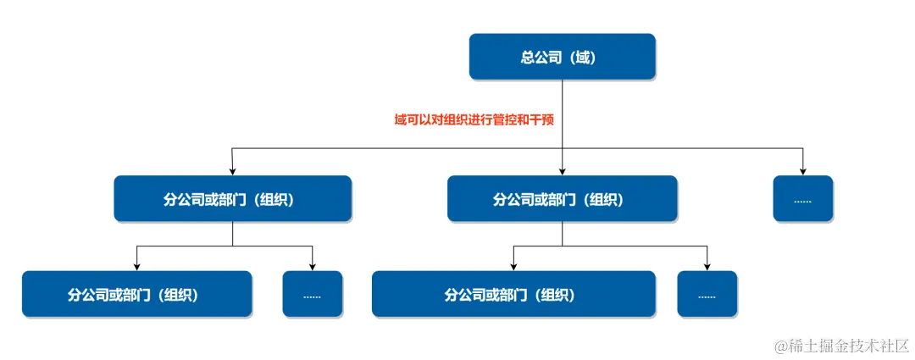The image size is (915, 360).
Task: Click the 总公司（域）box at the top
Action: click(562, 57)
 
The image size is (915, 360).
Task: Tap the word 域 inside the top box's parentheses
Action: click(582, 58)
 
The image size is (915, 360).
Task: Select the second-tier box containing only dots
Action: click(802, 199)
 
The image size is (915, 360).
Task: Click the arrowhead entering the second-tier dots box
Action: click(802, 170)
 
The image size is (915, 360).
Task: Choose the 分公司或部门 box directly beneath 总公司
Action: click(562, 199)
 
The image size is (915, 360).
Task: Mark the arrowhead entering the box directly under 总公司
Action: click(562, 170)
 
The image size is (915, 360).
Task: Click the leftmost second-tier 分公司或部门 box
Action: click(232, 199)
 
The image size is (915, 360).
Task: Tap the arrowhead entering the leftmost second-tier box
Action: click(232, 170)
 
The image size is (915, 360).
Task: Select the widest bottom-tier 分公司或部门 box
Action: click(513, 294)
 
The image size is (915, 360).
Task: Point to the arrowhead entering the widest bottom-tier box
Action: click(513, 266)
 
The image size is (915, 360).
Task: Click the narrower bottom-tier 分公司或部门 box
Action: click(136, 294)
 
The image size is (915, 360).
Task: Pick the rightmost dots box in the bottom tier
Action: click(707, 294)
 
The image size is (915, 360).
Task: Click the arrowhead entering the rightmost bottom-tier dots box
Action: click(707, 266)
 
